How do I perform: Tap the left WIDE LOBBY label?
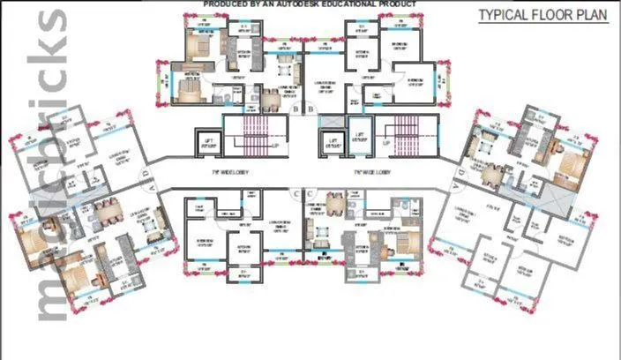click(232, 172)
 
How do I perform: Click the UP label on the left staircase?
click(274, 143)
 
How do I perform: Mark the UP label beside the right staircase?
click(386, 143)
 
